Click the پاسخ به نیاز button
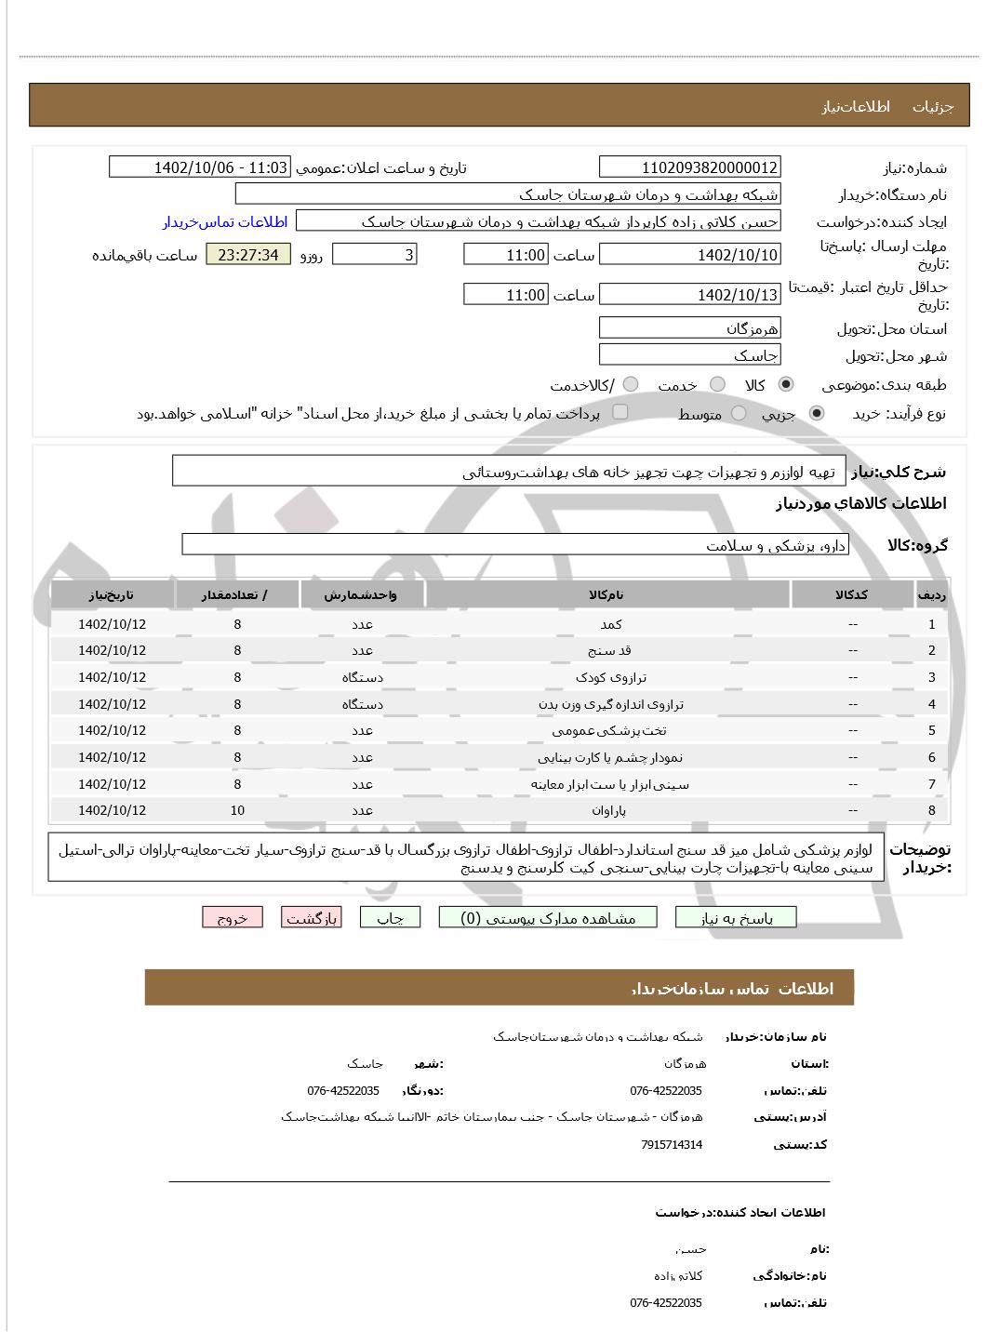point(736,917)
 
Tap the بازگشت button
point(311,917)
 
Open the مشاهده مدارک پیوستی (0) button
point(548,917)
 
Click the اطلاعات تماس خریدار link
point(225,221)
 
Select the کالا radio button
point(786,384)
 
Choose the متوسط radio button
point(739,413)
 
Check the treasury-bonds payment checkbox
point(620,411)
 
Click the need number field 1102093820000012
point(689,167)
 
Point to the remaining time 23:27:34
point(247,255)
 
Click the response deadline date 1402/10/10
point(689,255)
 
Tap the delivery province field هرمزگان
point(689,328)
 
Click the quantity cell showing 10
point(237,810)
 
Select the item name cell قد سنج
point(608,650)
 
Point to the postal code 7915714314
point(672,1144)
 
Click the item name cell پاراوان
point(608,810)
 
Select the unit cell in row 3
point(362,677)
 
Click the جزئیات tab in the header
point(932,106)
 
